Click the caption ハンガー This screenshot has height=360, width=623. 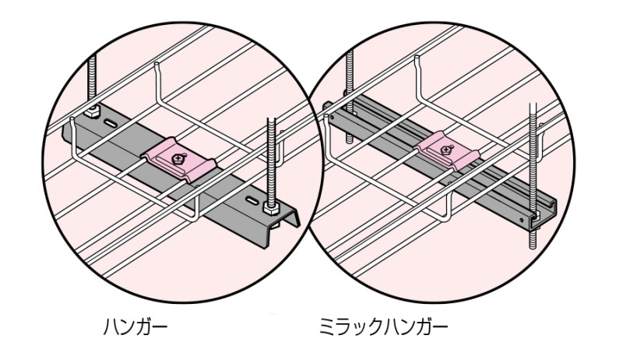(x=136, y=324)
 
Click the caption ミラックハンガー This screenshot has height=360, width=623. (x=385, y=324)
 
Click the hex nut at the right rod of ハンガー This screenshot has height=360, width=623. (x=272, y=210)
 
